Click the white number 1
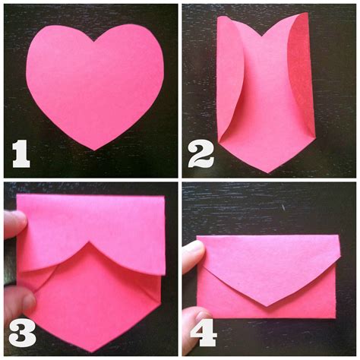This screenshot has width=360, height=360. (x=21, y=154)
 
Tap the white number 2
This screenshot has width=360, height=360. (x=201, y=154)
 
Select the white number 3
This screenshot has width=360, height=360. (x=22, y=332)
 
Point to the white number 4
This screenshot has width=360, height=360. (x=204, y=333)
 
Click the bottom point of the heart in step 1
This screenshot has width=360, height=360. (x=95, y=150)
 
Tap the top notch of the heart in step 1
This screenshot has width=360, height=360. (x=94, y=42)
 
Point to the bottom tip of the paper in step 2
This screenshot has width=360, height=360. (x=268, y=172)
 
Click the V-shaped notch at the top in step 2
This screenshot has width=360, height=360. (x=263, y=36)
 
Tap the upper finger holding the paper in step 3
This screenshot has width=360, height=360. (x=15, y=224)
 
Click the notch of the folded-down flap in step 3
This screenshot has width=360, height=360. (x=88, y=242)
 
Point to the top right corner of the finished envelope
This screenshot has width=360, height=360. (x=339, y=235)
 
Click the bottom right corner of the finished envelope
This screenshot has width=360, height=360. (x=336, y=318)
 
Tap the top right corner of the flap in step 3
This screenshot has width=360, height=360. (x=165, y=196)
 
